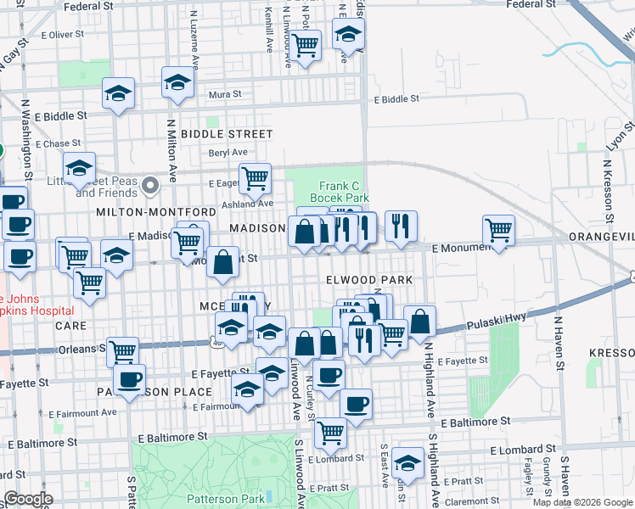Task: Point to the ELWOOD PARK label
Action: point(369,280)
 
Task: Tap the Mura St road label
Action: point(226,94)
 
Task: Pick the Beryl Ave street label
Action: point(226,154)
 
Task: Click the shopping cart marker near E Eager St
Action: point(255,178)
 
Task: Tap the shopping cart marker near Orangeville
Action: point(498,230)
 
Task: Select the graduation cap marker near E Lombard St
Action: point(407,463)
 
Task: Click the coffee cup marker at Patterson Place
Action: point(129,380)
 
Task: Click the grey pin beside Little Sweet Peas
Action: point(151,184)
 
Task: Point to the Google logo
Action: point(28,499)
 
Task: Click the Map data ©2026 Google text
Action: point(582,502)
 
